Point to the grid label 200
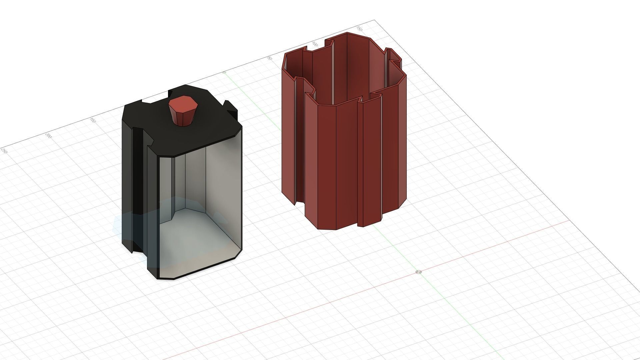click(49, 136)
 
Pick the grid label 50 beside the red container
click(269, 58)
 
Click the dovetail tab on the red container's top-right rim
click(393, 57)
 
